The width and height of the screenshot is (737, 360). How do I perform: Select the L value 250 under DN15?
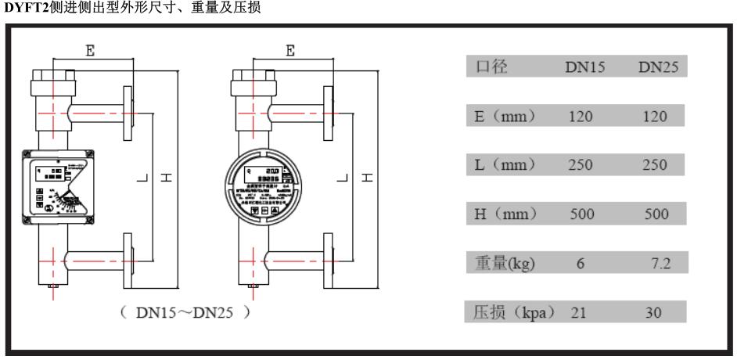point(581,165)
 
